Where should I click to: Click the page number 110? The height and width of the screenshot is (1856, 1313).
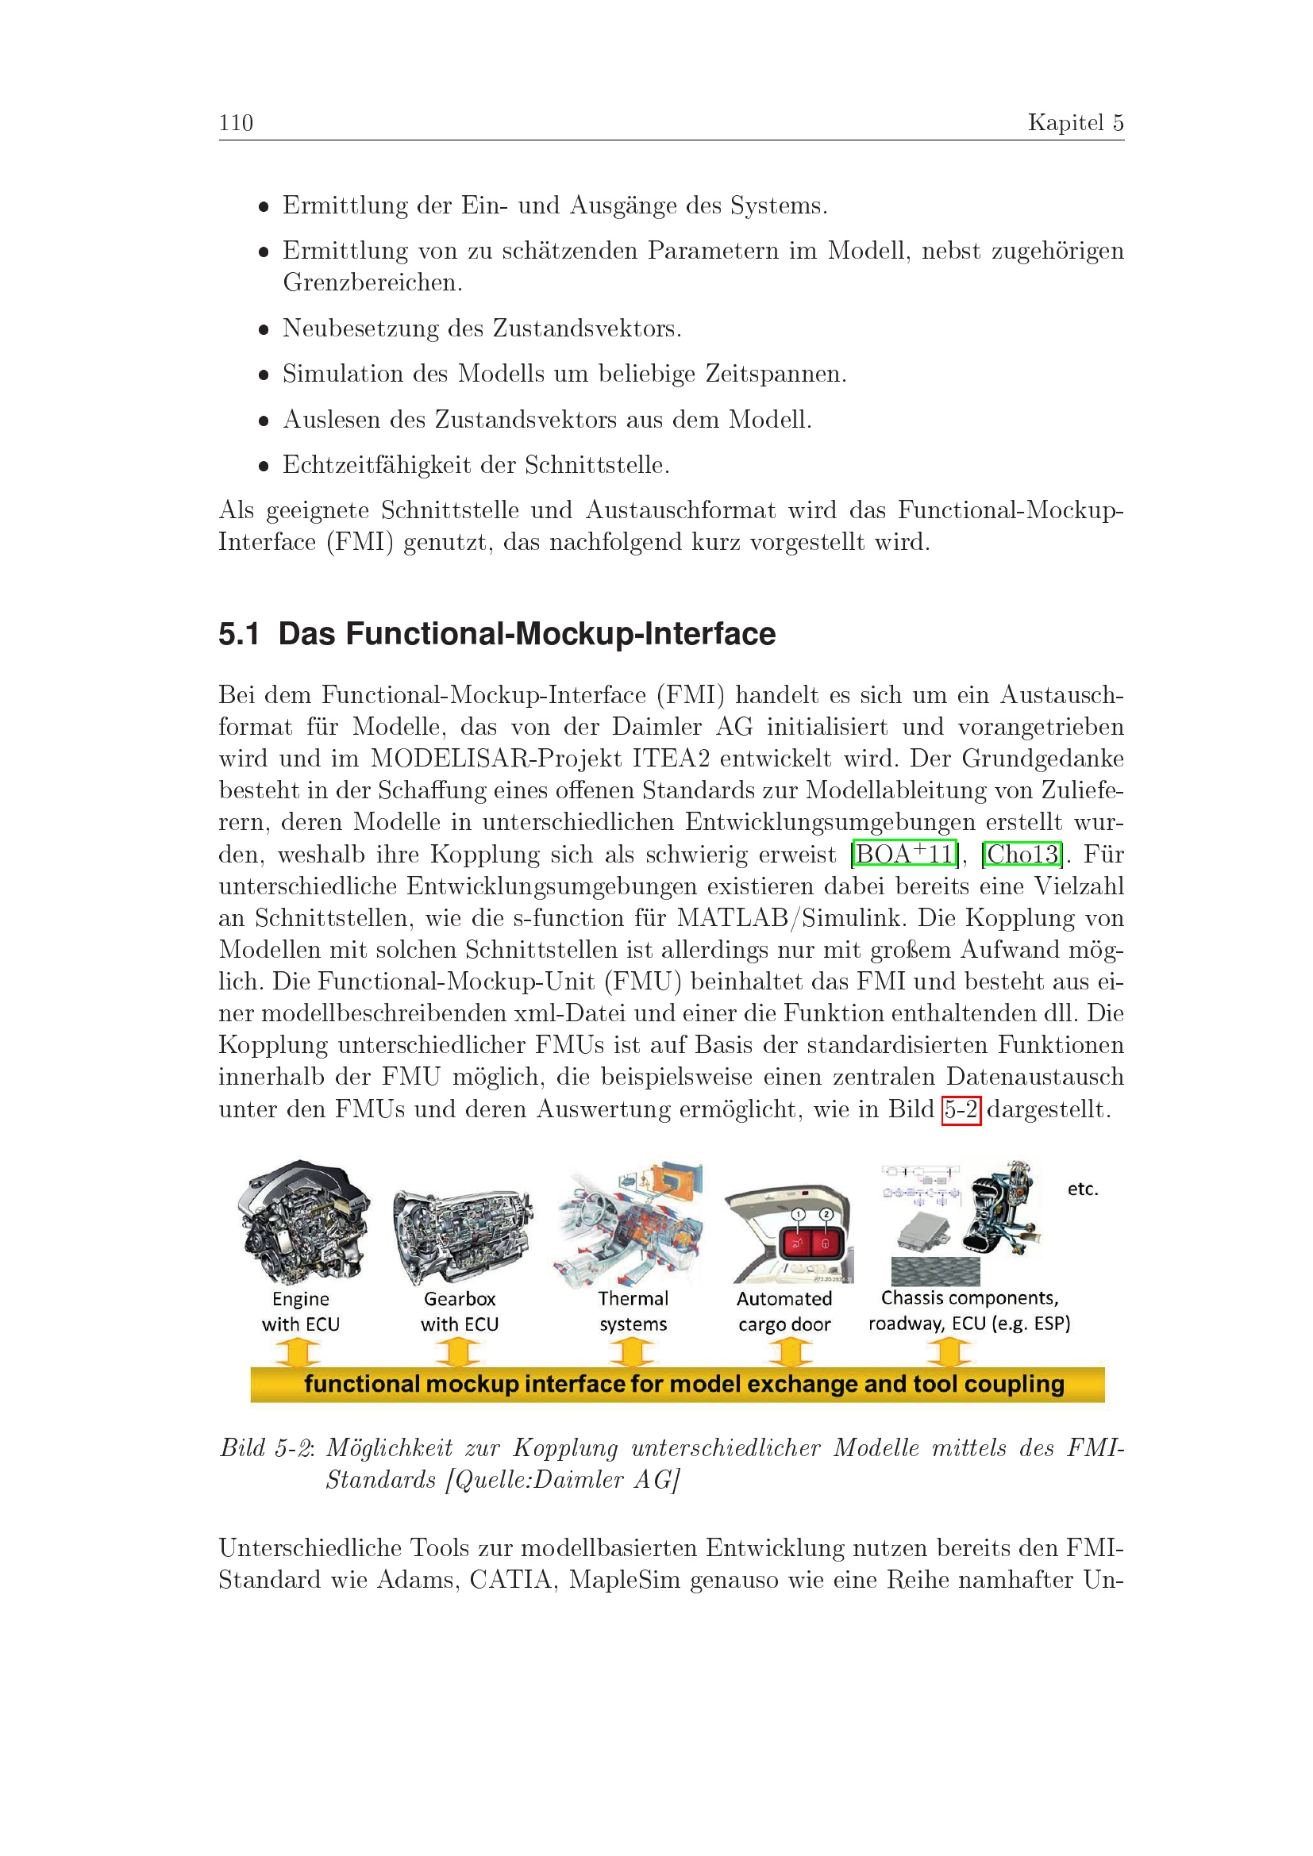pyautogui.click(x=235, y=123)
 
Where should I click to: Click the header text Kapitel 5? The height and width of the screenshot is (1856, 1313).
pyautogui.click(x=1076, y=122)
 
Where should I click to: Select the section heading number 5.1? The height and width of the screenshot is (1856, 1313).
pyautogui.click(x=238, y=634)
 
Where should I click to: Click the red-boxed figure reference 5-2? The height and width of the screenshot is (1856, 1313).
pyautogui.click(x=961, y=1109)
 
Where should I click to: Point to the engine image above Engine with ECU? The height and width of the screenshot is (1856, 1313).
pyautogui.click(x=304, y=1222)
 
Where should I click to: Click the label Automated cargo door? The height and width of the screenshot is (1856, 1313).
pyautogui.click(x=784, y=1311)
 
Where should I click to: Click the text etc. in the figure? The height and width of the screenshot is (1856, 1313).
pyautogui.click(x=1083, y=1189)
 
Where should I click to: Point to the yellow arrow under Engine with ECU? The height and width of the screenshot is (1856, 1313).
pyautogui.click(x=298, y=1351)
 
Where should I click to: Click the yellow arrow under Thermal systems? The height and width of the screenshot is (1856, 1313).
pyautogui.click(x=631, y=1351)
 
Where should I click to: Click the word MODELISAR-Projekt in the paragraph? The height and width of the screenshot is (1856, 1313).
pyautogui.click(x=496, y=759)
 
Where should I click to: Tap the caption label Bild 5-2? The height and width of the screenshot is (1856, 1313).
pyautogui.click(x=265, y=1448)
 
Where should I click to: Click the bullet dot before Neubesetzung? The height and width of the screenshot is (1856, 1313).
pyautogui.click(x=263, y=330)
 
